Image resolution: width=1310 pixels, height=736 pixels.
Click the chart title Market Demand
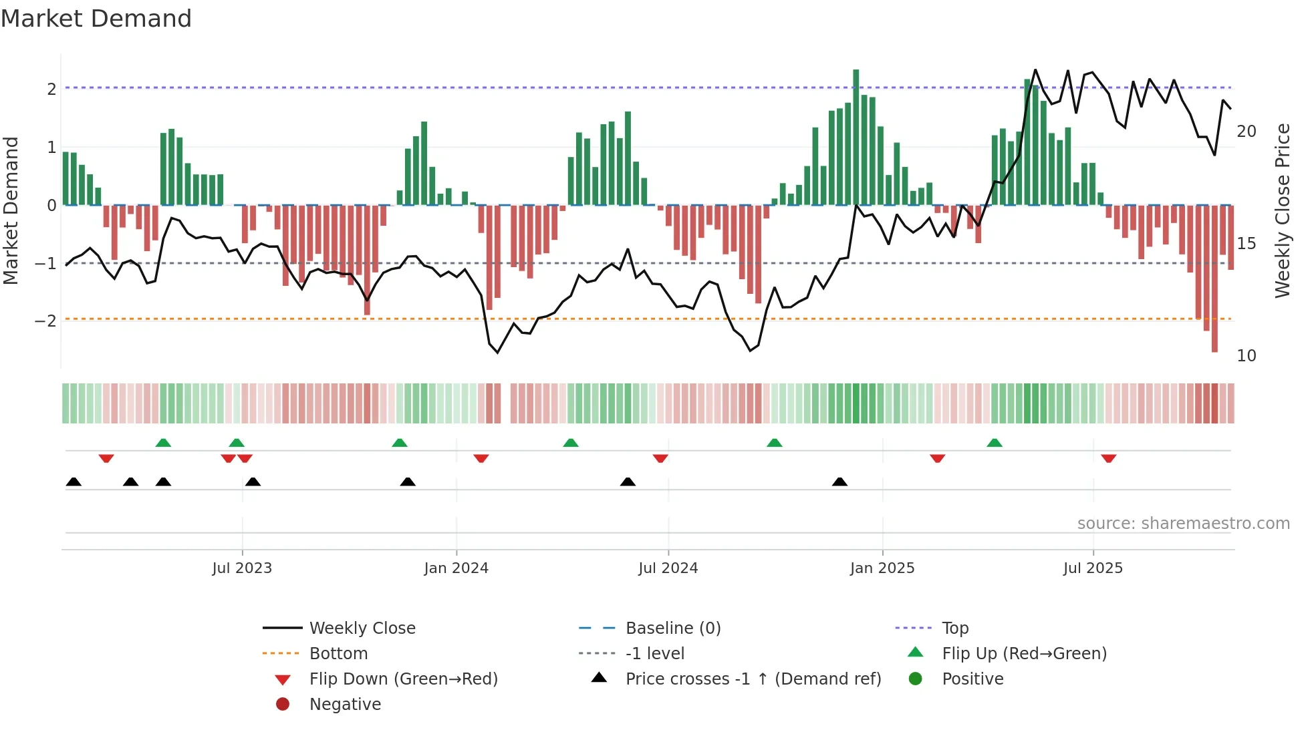click(x=96, y=19)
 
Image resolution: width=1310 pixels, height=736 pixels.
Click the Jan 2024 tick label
click(x=456, y=568)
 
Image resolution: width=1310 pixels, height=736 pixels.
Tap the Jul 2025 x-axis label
click(x=1093, y=568)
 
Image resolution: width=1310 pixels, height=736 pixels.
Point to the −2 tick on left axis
click(x=46, y=321)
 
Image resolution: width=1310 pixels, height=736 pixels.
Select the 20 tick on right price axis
click(x=1246, y=132)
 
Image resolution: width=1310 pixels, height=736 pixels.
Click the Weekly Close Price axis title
click(x=1282, y=210)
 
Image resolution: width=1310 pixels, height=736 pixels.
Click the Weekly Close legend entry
click(x=362, y=628)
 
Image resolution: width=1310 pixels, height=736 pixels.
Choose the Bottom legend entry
click(x=338, y=654)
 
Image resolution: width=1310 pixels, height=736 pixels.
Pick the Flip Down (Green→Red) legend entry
click(x=403, y=679)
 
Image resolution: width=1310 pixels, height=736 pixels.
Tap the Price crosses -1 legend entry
click(x=753, y=679)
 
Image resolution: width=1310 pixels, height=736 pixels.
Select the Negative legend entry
click(x=345, y=705)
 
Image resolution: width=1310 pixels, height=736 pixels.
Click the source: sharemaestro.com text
click(x=1183, y=524)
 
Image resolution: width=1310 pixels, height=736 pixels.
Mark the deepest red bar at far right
click(x=1214, y=281)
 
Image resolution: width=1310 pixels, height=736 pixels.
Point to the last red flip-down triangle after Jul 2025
click(x=1109, y=458)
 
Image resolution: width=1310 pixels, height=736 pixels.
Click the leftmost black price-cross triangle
click(x=74, y=482)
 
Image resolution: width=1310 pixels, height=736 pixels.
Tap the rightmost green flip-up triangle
click(x=995, y=443)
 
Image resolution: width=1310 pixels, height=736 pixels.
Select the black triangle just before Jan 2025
click(x=839, y=482)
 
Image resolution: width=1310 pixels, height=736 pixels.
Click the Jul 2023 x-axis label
click(x=242, y=568)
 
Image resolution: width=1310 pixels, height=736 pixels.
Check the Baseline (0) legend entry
click(x=672, y=628)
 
